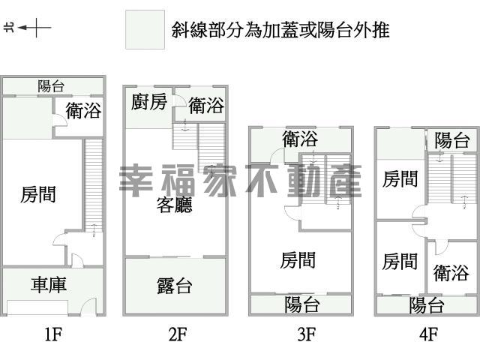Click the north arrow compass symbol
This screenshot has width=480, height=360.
click(x=28, y=28)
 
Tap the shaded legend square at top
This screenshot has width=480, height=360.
click(x=145, y=30)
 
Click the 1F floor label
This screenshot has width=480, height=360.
click(x=53, y=334)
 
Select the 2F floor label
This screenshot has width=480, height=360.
click(x=178, y=334)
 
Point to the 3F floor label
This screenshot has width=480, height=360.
click(x=307, y=334)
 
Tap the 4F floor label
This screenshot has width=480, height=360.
click(x=428, y=334)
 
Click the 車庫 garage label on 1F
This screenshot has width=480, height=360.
click(x=49, y=284)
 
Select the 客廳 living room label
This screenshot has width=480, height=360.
click(x=174, y=205)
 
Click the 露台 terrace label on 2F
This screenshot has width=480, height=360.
click(x=175, y=286)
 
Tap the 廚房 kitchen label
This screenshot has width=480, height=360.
click(x=149, y=102)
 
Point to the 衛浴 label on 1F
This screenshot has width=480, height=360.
click(x=83, y=110)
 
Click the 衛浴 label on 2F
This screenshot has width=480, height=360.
click(x=206, y=106)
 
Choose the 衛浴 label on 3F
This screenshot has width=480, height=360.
click(x=300, y=139)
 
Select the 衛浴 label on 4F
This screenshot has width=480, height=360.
click(x=451, y=273)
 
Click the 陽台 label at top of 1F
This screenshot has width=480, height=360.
click(x=51, y=86)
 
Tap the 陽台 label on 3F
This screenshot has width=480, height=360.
click(x=302, y=304)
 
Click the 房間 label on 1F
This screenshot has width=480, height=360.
click(x=38, y=194)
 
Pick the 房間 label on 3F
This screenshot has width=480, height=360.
click(x=298, y=260)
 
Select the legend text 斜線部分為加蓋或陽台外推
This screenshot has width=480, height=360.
click(x=280, y=30)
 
